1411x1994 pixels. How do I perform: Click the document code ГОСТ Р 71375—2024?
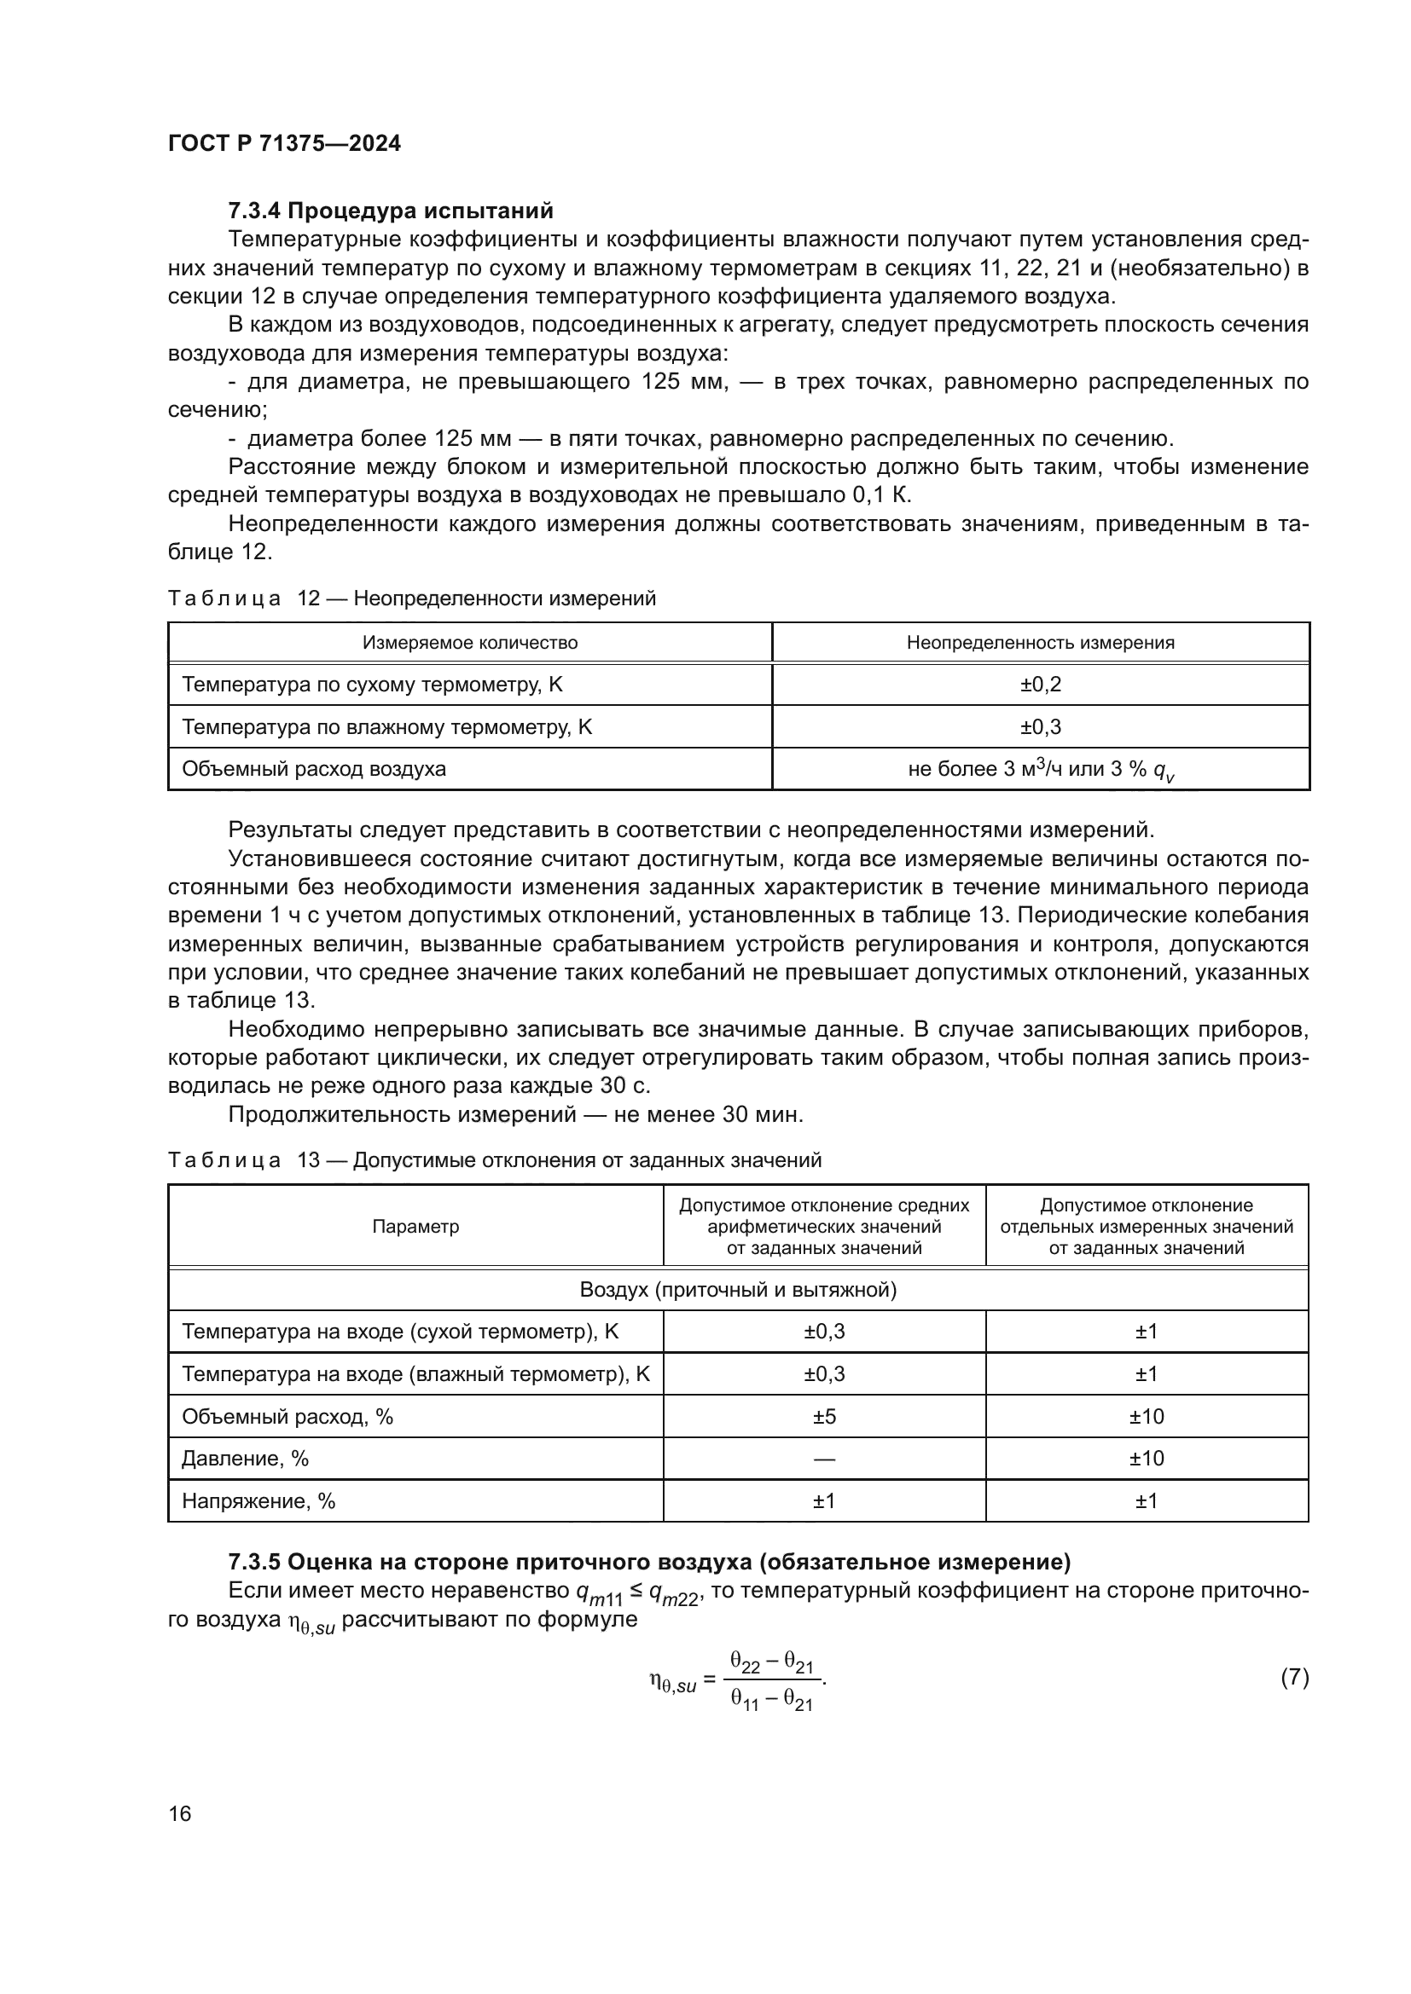click(x=284, y=144)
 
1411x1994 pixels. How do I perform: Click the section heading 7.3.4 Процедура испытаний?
click(x=390, y=211)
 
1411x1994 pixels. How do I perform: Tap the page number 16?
click(x=180, y=1813)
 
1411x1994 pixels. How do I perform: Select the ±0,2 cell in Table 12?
click(x=1040, y=685)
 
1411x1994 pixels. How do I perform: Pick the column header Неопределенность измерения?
click(x=1040, y=643)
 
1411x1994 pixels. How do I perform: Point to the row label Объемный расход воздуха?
click(x=314, y=769)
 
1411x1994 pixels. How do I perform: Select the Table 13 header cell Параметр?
click(x=415, y=1226)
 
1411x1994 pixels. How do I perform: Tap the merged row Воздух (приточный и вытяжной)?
click(x=738, y=1290)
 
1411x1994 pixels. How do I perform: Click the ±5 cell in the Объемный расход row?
click(x=824, y=1417)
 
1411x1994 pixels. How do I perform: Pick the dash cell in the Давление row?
click(x=824, y=1459)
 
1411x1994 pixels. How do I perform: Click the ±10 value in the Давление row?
click(x=1146, y=1459)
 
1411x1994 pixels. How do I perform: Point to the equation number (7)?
click(x=1294, y=1677)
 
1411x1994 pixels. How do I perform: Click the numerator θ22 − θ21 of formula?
click(x=771, y=1662)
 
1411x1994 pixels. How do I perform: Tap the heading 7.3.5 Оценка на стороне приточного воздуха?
click(x=649, y=1563)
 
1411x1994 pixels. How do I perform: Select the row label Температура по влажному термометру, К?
click(x=386, y=727)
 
